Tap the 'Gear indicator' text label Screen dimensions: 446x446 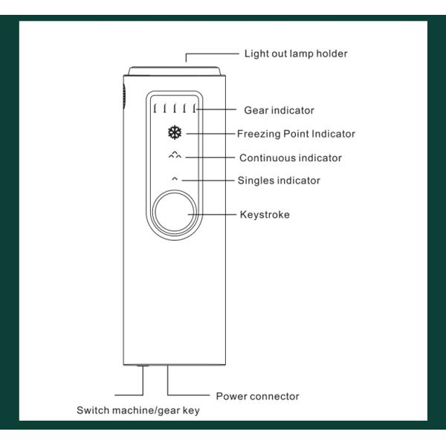tap(279, 110)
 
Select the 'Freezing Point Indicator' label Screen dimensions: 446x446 tap(296, 134)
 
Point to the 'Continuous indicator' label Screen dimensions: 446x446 tap(290, 158)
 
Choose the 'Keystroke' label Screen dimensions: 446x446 tap(265, 215)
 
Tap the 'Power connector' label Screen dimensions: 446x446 tap(257, 396)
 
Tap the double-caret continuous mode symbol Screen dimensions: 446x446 tap(175, 156)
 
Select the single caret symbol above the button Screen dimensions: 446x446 tap(175, 179)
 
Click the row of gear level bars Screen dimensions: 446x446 tap(175, 109)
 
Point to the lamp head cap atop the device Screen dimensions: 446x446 tap(175, 71)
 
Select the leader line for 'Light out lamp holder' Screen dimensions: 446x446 tap(212, 54)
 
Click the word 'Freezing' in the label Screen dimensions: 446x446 tap(258, 134)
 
